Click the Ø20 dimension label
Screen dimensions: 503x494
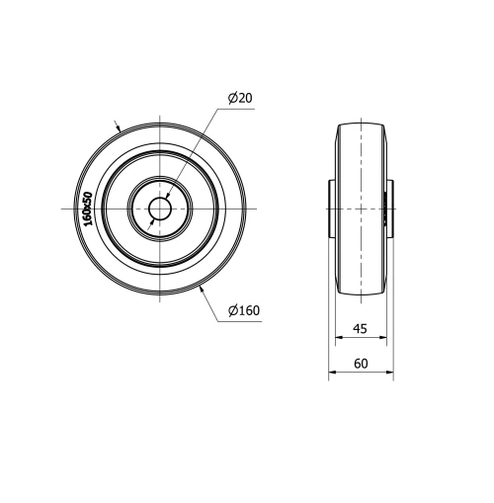click(240, 98)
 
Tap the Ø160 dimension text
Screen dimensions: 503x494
click(243, 311)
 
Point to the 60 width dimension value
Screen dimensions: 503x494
click(361, 363)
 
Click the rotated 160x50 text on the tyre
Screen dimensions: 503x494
click(88, 210)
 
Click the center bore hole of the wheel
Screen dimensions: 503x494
click(159, 210)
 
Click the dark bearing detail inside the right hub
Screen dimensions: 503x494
click(385, 210)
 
